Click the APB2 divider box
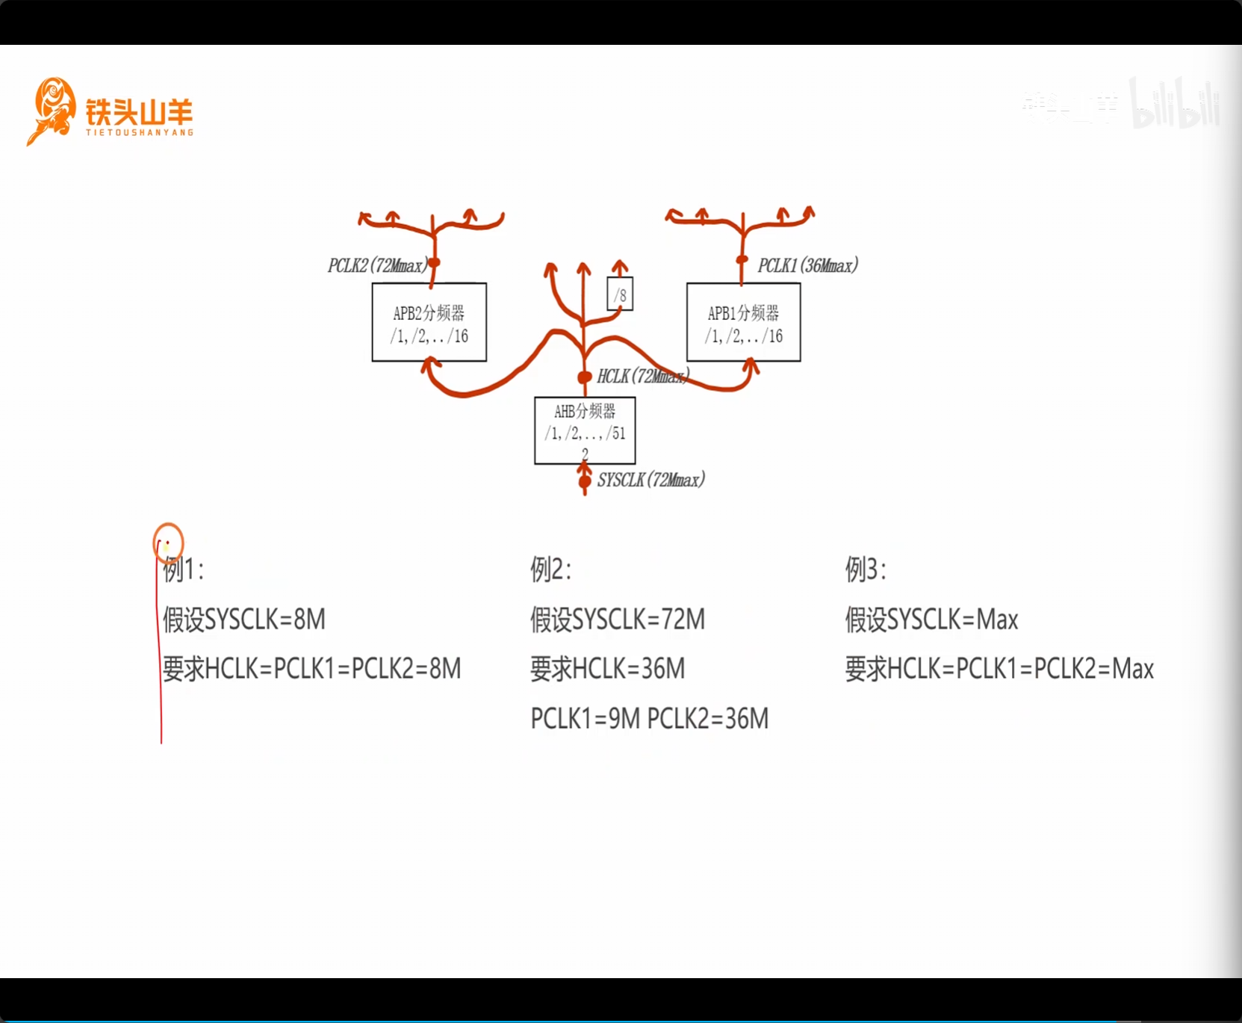click(429, 322)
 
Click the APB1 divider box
click(743, 322)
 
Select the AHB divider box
click(585, 430)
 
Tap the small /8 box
click(620, 294)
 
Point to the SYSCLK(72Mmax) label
click(651, 480)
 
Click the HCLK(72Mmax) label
click(642, 376)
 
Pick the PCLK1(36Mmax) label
click(807, 265)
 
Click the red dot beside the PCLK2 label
click(433, 262)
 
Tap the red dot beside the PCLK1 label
click(742, 260)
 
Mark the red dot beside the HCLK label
click(585, 377)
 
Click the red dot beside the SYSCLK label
click(585, 480)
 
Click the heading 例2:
click(550, 569)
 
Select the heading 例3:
click(866, 569)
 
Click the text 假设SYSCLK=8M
click(244, 619)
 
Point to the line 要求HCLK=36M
click(607, 669)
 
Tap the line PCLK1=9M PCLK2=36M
click(649, 718)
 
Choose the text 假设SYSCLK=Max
click(931, 619)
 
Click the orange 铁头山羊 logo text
click(139, 113)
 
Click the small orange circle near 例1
click(168, 543)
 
